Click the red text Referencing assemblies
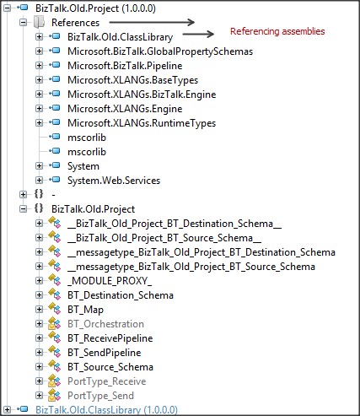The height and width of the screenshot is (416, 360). (277, 31)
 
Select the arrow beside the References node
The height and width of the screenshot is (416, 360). (152, 22)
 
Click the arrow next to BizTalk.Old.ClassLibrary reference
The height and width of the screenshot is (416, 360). (198, 35)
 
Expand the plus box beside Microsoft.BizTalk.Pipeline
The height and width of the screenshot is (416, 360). (39, 66)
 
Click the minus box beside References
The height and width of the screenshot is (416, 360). (24, 23)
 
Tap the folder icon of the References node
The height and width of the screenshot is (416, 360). (39, 22)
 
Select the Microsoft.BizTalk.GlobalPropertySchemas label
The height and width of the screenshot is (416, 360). (160, 51)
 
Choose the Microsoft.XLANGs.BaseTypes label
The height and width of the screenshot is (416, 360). (132, 80)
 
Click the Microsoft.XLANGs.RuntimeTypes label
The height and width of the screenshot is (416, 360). (142, 123)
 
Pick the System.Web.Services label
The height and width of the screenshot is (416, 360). (114, 181)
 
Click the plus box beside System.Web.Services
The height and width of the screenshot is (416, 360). (39, 181)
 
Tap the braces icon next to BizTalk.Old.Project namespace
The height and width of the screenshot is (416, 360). (39, 208)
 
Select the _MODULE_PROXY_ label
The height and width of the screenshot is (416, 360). (110, 281)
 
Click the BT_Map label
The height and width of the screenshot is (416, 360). (85, 310)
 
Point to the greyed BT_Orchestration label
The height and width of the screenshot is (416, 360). (105, 324)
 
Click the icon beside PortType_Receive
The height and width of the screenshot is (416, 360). (54, 381)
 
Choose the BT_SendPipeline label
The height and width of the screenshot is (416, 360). (105, 353)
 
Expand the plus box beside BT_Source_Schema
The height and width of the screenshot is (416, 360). (39, 367)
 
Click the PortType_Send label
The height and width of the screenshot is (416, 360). (100, 396)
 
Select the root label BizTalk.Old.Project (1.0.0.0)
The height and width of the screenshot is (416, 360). (95, 8)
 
